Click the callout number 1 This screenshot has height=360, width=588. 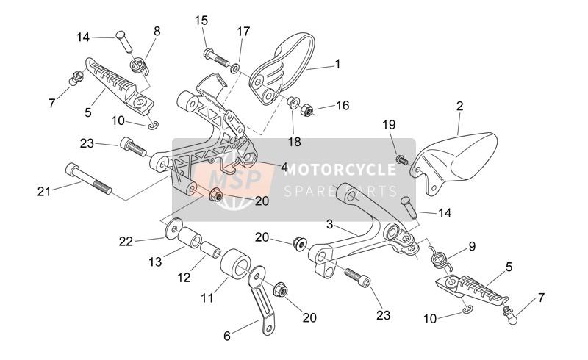[x=337, y=64]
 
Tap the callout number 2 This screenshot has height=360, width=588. [x=459, y=107]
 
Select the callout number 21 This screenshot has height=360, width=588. [x=45, y=192]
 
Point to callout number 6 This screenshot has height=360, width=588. [x=227, y=336]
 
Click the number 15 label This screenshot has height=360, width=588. [x=201, y=21]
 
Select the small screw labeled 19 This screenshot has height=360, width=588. [x=401, y=158]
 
